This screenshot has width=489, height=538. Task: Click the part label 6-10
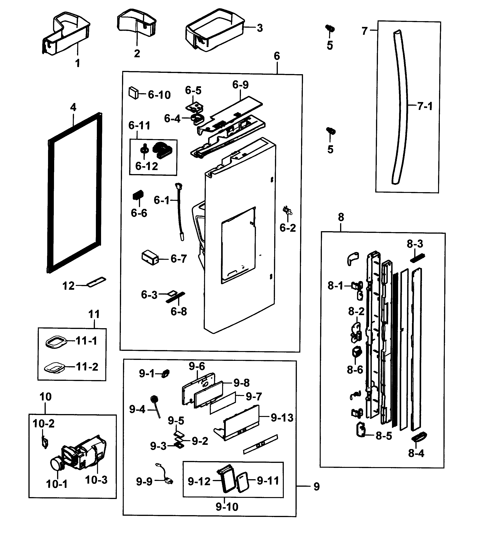tap(159, 95)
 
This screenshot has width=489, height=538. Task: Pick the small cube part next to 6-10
tap(134, 93)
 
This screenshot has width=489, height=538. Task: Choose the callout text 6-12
tap(147, 166)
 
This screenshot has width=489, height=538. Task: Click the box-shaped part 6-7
tap(150, 257)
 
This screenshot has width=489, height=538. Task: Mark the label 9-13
tap(282, 418)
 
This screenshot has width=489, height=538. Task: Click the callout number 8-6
tap(355, 370)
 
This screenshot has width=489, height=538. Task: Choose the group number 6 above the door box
tap(277, 56)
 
